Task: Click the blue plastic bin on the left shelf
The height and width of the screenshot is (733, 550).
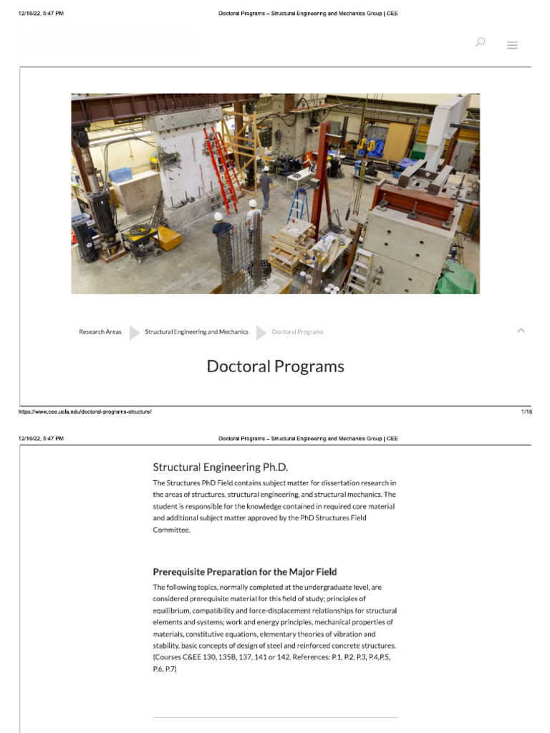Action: [x=120, y=175]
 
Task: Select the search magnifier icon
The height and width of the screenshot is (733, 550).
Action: [x=480, y=42]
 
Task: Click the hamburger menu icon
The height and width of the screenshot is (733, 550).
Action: [x=512, y=45]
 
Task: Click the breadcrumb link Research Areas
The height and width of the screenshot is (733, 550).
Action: [x=100, y=332]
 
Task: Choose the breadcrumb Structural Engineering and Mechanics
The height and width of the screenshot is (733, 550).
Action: [x=196, y=332]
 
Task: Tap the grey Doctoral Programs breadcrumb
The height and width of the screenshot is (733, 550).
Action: [x=297, y=332]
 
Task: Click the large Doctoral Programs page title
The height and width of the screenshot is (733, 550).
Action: [x=275, y=366]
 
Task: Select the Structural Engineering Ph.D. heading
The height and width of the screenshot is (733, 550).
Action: [x=221, y=467]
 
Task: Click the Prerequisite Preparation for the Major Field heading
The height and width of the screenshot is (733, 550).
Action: [x=245, y=572]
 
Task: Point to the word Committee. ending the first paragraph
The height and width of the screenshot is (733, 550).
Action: [x=171, y=530]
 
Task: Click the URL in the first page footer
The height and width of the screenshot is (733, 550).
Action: [x=85, y=412]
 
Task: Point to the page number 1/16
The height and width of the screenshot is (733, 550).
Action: [x=526, y=412]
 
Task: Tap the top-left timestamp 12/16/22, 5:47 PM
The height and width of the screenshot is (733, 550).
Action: [x=41, y=14]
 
